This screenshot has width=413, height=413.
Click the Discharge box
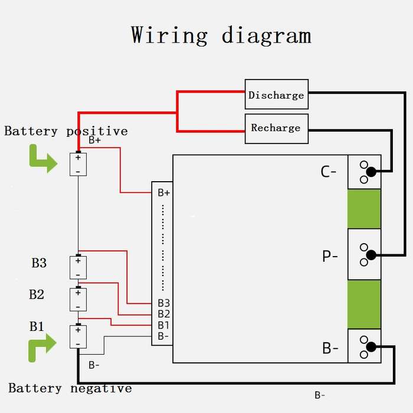[x=277, y=94]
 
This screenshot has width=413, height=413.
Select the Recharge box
[x=277, y=129]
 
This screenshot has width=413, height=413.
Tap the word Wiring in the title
[x=169, y=35]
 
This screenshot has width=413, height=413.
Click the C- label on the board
[x=328, y=172]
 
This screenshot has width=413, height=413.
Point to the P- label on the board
[x=330, y=255]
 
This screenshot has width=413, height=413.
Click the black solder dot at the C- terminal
[x=371, y=172]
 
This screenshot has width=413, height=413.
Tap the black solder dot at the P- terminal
[x=371, y=255]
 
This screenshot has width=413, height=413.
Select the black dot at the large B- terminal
[x=371, y=347]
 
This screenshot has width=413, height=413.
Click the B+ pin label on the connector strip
[x=163, y=193]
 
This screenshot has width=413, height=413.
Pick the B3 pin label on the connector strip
[x=163, y=303]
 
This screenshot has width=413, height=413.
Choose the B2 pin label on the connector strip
[x=163, y=314]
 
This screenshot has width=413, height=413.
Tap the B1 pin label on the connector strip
[x=163, y=325]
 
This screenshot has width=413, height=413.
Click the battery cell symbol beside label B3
[x=78, y=267]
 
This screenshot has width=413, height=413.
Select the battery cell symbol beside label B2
[x=78, y=299]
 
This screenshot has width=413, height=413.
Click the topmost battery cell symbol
[x=78, y=164]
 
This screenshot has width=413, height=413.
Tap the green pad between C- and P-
[x=364, y=209]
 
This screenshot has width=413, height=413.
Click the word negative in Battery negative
[x=101, y=388]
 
